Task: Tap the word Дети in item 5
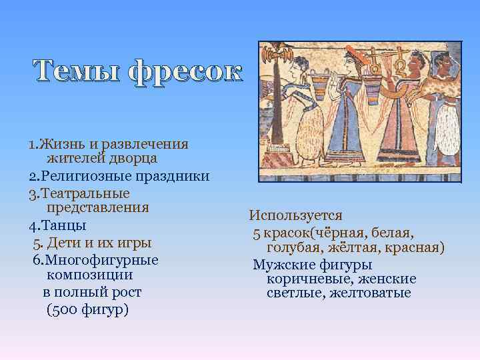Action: (65, 242)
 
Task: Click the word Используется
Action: (295, 215)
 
